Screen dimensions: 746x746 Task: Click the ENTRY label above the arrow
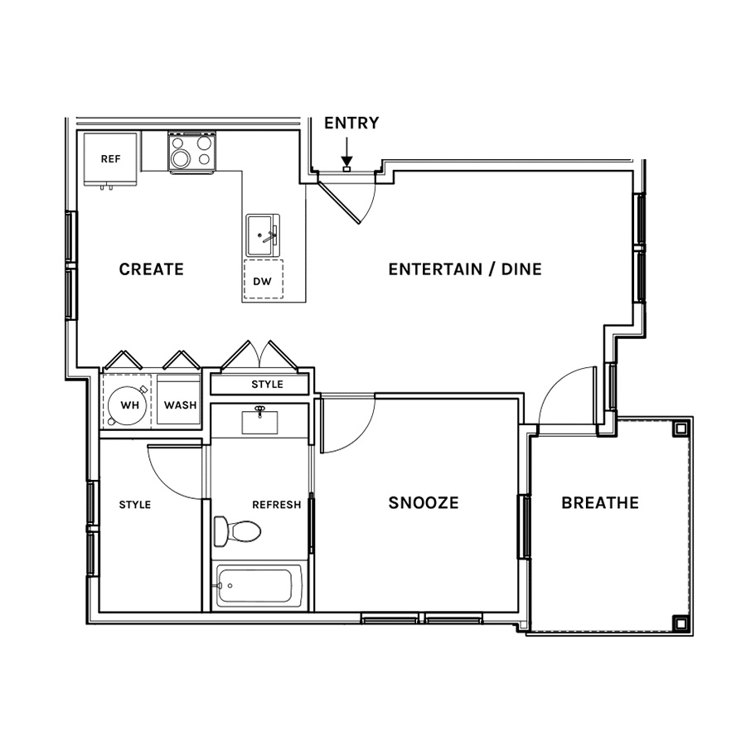pos(351,123)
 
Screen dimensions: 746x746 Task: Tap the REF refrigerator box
pos(111,159)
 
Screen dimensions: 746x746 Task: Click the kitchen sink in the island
pos(263,235)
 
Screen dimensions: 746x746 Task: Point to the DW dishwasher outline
pos(263,280)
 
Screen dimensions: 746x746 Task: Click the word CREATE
pos(152,269)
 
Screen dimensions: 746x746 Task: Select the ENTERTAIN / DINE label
pos(465,269)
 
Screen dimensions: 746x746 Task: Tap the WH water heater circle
pos(127,404)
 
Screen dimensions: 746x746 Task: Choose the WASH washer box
pos(179,400)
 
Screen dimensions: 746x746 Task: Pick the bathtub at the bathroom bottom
pos(259,586)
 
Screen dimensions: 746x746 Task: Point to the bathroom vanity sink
pos(259,422)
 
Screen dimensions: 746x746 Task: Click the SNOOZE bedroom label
pos(424,503)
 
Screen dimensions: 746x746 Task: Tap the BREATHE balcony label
pos(600,503)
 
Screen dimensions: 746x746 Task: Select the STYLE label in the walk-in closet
pos(134,504)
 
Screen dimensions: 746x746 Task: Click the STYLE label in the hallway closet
pos(268,384)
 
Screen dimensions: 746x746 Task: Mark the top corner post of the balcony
pos(681,429)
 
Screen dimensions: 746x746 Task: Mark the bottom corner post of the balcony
pos(681,622)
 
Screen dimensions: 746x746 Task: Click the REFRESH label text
pos(276,504)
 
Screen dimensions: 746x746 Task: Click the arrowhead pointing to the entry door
pos(346,162)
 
